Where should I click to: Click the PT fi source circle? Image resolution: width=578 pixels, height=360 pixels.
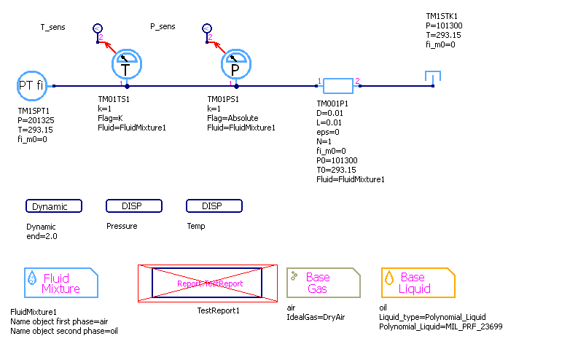(31, 86)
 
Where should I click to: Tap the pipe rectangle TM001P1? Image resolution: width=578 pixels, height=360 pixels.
(338, 87)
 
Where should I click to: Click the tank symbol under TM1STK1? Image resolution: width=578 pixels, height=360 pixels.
(433, 77)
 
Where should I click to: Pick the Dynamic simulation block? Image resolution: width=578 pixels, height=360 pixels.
(53, 206)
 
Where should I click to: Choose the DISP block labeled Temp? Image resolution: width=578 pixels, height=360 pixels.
(214, 206)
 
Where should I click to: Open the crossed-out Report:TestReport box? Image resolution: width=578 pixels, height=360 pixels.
(207, 283)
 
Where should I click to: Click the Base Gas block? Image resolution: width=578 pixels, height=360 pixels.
(323, 283)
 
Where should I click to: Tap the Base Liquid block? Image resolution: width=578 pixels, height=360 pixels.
(418, 283)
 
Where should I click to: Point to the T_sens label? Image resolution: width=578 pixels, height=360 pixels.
(52, 27)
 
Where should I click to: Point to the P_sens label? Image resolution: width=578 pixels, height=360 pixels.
(163, 27)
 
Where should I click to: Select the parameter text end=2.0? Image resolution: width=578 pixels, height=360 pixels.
(42, 236)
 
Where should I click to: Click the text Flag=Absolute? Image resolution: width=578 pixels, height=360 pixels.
(233, 118)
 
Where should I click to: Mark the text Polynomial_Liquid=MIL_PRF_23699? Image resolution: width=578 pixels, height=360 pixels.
(441, 326)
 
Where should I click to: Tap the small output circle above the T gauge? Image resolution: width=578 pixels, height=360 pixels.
(98, 28)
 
